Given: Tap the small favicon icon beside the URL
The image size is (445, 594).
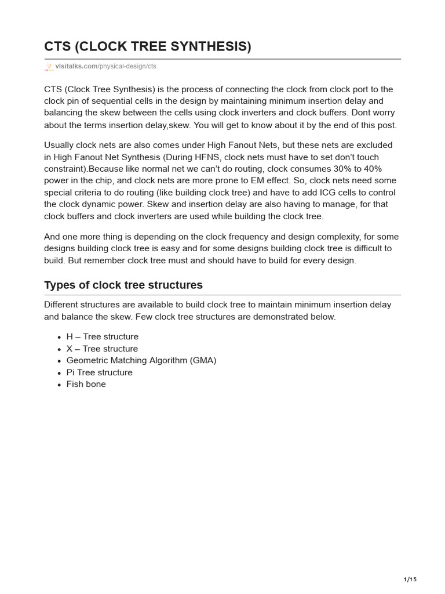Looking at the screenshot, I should [49, 67].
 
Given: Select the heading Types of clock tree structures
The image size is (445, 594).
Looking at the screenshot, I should [123, 285].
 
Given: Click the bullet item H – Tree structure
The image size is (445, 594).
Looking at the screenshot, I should [102, 336].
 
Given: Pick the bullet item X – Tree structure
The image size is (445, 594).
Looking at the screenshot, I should [102, 349].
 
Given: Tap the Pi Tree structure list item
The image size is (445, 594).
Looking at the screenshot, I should [99, 372].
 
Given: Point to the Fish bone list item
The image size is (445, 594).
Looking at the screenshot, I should [86, 384].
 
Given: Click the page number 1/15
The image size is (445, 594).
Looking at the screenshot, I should [410, 579].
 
